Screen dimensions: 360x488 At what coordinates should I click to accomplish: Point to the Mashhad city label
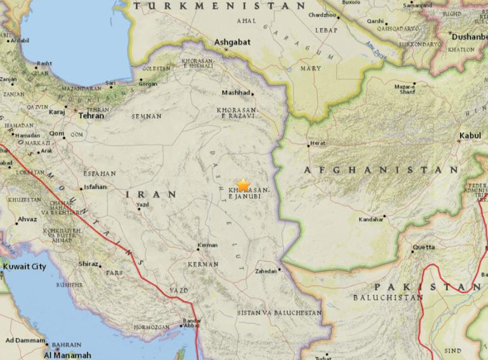click(234, 93)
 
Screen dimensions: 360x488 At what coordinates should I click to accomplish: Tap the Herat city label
click(318, 144)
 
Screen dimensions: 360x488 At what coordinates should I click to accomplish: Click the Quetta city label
click(424, 246)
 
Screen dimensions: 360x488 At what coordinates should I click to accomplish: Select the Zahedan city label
click(266, 271)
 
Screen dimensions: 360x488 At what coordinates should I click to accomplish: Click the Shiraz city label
click(88, 264)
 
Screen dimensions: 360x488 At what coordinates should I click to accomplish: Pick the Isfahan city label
click(95, 188)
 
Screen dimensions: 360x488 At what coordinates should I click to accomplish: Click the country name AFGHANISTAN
click(381, 170)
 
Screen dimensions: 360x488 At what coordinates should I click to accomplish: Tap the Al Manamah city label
click(68, 354)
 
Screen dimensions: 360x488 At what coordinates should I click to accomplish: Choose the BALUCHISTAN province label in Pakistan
click(388, 298)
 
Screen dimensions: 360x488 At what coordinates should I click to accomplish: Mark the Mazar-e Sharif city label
click(405, 89)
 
